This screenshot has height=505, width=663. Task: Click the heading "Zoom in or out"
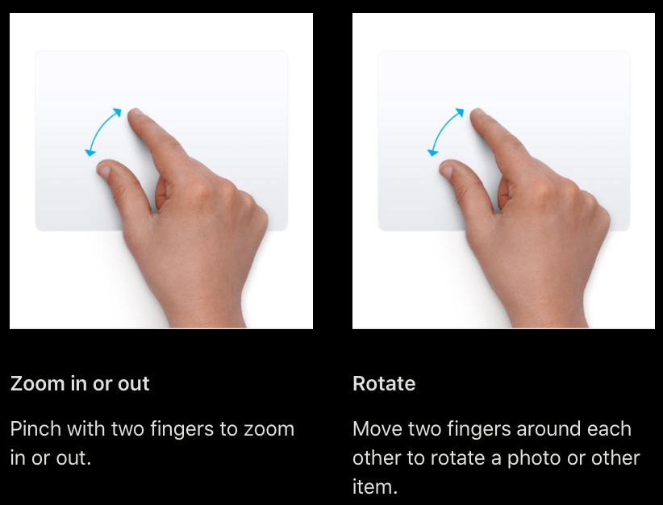click(80, 383)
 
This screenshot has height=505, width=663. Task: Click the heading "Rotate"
click(384, 383)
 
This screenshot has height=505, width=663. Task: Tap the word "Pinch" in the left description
click(36, 428)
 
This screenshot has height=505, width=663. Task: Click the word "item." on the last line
click(375, 486)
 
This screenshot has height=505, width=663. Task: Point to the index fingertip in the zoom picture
click(135, 114)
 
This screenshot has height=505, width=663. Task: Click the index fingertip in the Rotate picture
click(477, 114)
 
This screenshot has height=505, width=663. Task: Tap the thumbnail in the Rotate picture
click(446, 170)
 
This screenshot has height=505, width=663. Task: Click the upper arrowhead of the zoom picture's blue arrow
click(117, 112)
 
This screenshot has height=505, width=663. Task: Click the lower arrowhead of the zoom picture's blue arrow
click(90, 152)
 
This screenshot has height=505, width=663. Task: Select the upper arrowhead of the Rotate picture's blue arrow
click(460, 112)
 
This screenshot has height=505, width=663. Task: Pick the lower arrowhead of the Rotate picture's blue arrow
click(432, 152)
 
